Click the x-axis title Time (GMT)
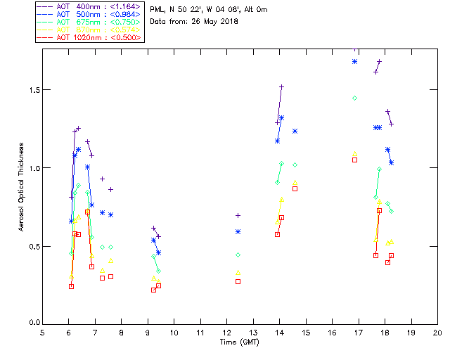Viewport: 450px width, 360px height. tap(239, 342)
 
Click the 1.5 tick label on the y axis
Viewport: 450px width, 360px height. tap(32, 90)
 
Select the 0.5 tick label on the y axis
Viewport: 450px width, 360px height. tap(32, 246)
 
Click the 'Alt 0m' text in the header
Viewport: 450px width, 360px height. tap(254, 10)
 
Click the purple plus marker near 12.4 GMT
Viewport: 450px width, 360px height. tap(238, 215)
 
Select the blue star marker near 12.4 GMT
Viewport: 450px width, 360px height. tap(238, 231)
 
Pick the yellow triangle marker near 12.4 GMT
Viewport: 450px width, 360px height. tap(238, 272)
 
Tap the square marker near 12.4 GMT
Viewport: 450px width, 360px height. tap(238, 281)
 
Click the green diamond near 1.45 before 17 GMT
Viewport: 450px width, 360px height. tap(354, 98)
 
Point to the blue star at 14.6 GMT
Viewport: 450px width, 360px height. tap(295, 131)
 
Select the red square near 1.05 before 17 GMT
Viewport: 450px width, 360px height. tap(354, 160)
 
